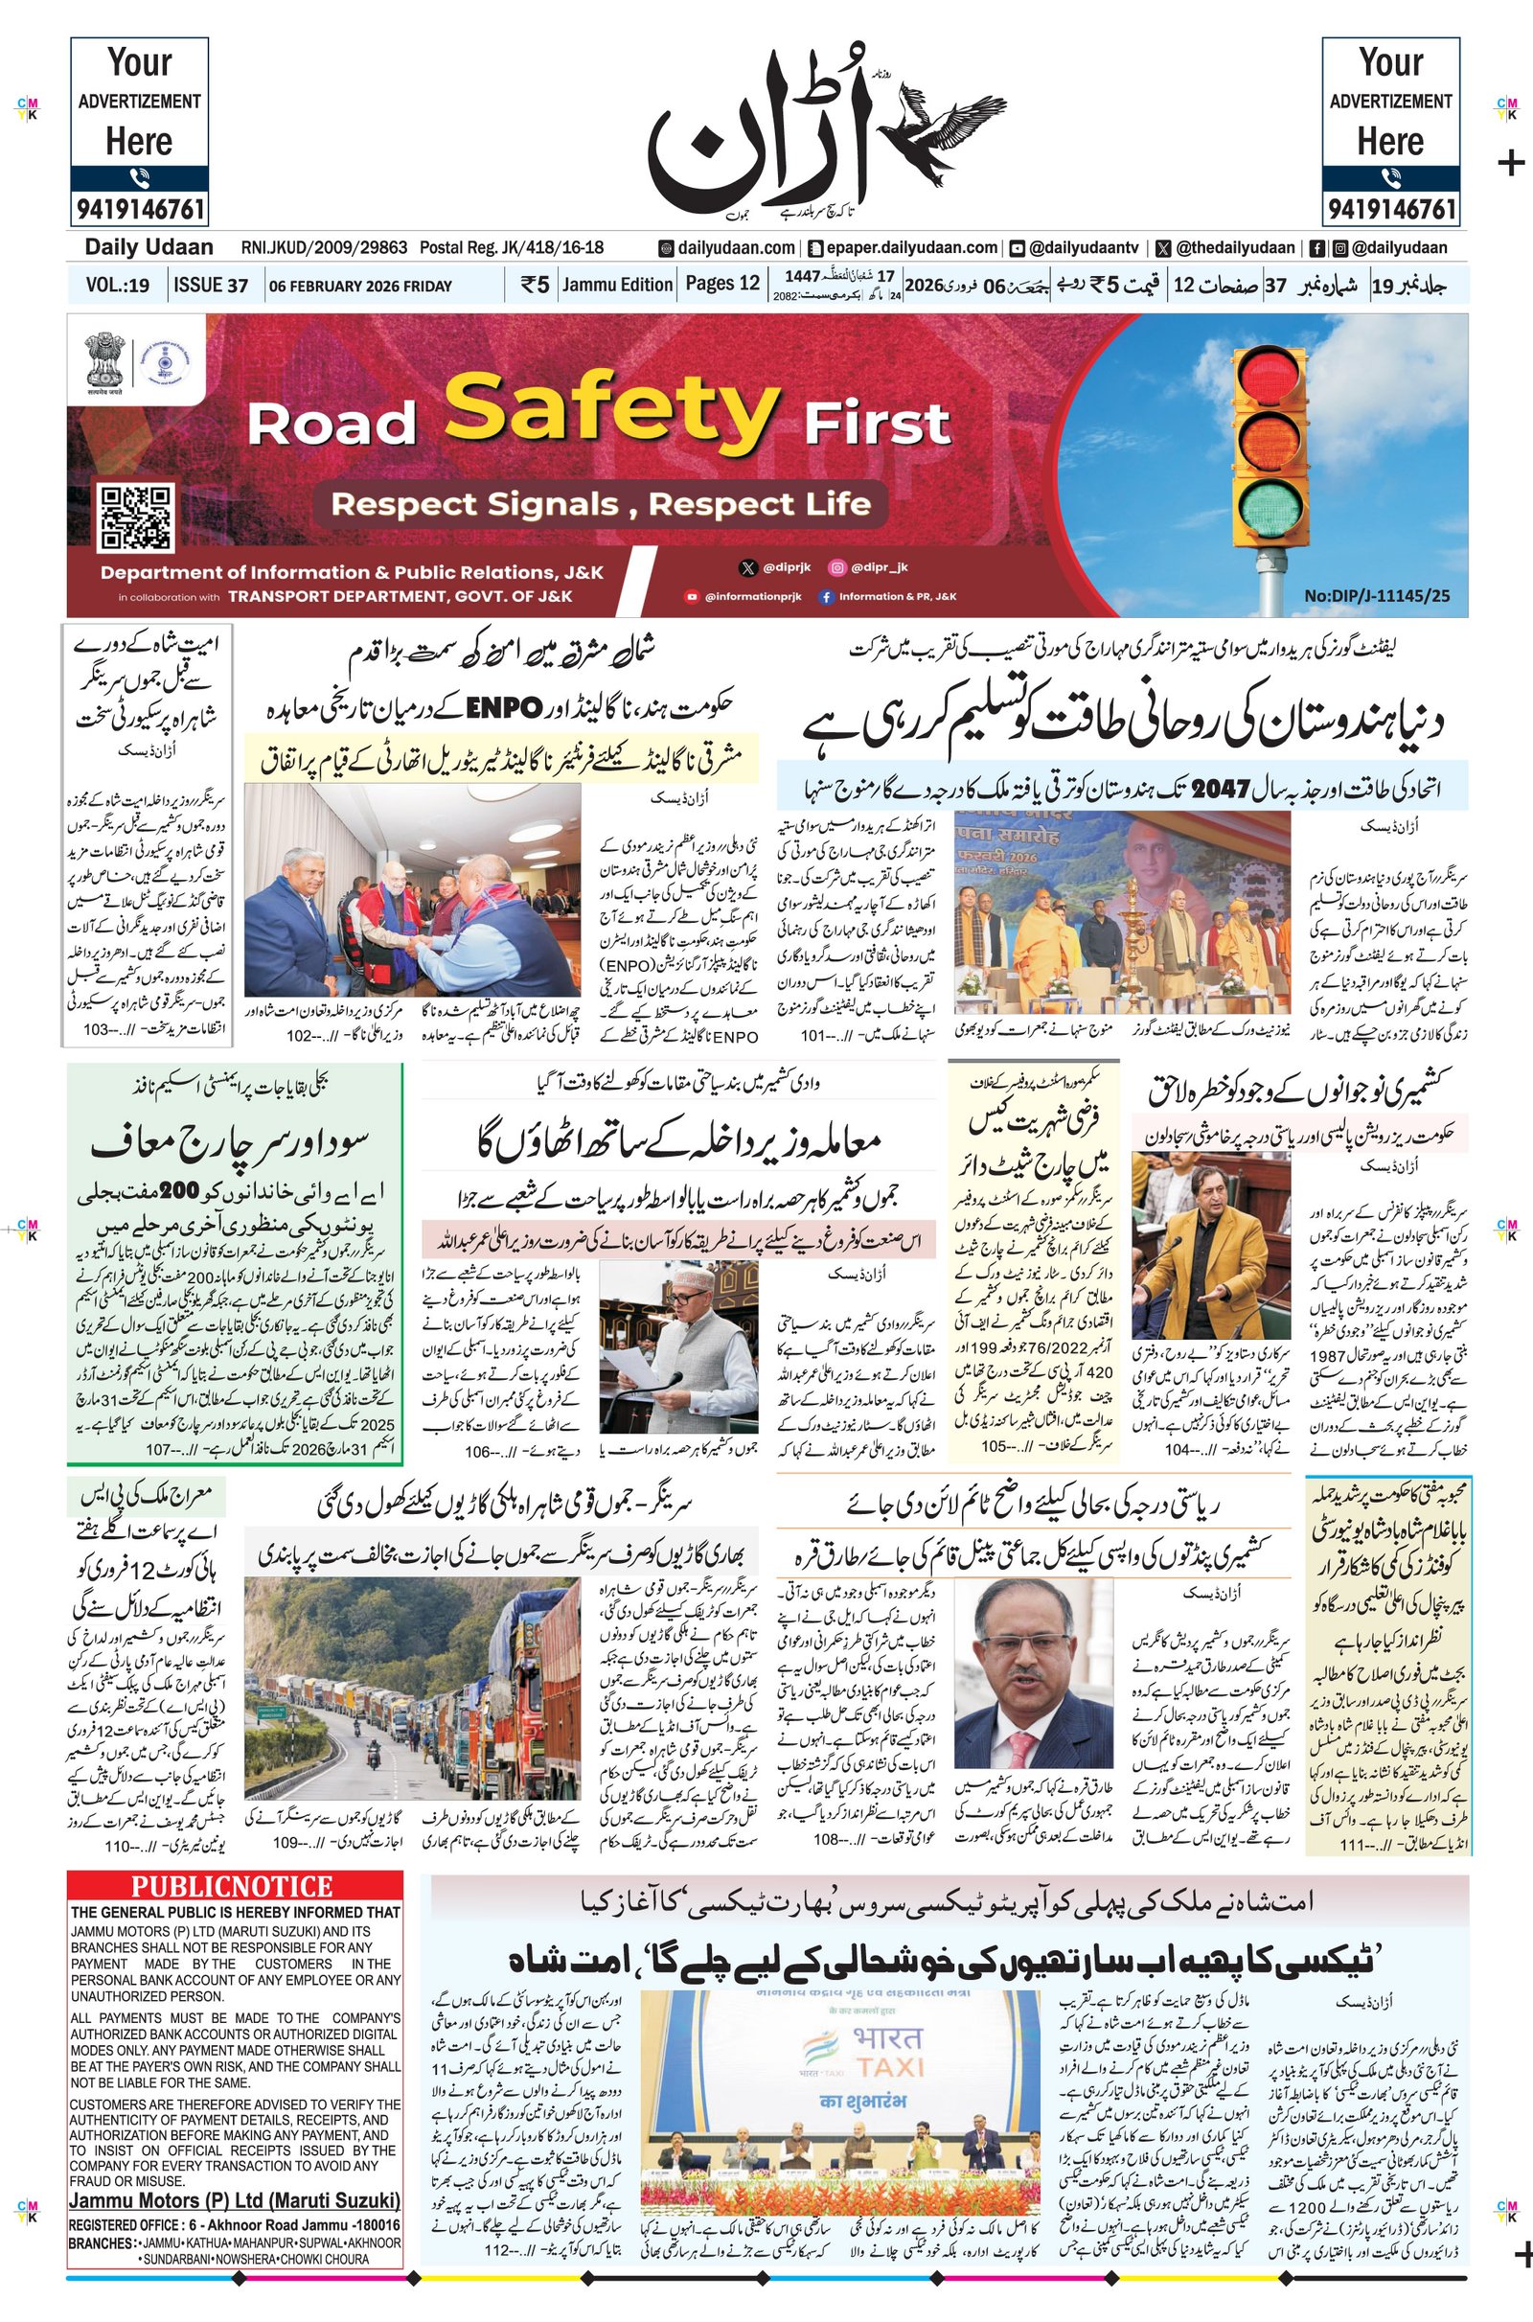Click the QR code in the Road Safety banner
136,516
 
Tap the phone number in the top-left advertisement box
139,208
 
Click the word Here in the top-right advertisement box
1389,142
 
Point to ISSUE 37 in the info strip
210,286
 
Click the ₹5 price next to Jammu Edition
535,285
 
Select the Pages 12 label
721,284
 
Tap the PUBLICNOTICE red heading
233,1886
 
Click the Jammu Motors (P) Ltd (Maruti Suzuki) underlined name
235,2200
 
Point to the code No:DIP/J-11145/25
1377,594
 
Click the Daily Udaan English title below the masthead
149,247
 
